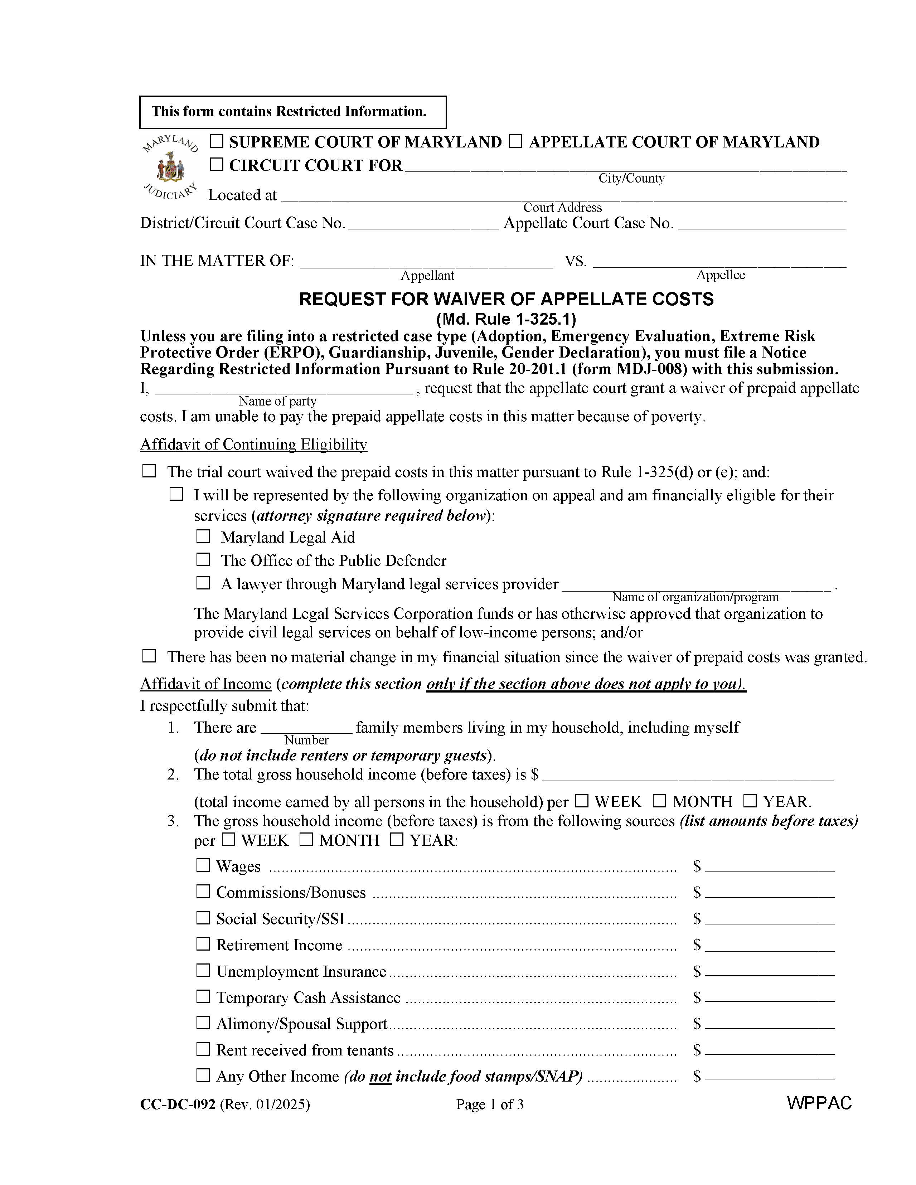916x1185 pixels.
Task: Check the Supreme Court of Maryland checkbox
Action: click(x=217, y=142)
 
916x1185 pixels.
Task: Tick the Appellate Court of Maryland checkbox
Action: click(x=515, y=142)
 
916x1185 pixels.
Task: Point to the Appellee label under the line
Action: click(x=720, y=275)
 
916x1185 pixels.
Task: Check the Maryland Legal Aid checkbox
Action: click(x=203, y=536)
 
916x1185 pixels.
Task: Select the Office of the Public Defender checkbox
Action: click(x=203, y=559)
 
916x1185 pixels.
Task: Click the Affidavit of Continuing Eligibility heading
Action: click(x=253, y=445)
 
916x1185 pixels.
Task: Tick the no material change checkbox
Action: click(x=149, y=656)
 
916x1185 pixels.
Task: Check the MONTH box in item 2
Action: click(x=659, y=801)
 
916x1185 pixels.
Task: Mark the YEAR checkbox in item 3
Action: click(x=397, y=840)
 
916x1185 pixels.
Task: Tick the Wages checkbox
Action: click(x=203, y=865)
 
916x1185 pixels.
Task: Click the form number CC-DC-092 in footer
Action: click(x=178, y=1104)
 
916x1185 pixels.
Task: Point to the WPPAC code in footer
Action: click(x=819, y=1103)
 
